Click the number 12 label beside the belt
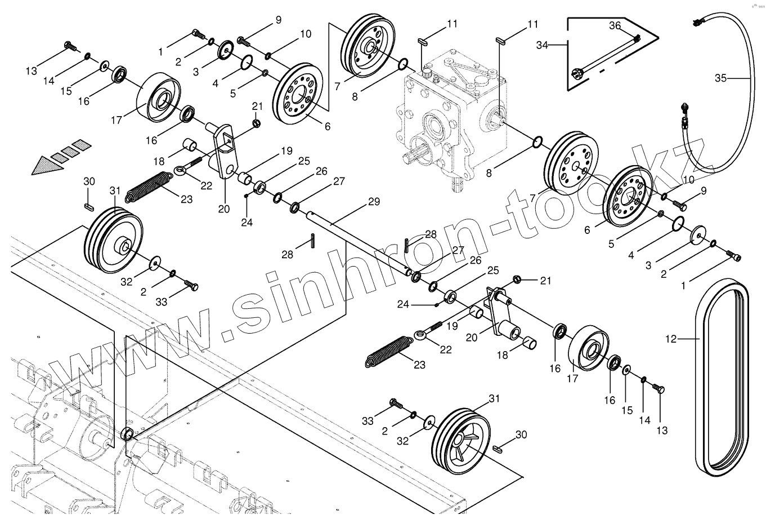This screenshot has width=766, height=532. pyautogui.click(x=671, y=339)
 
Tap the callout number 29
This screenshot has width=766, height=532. pyautogui.click(x=374, y=202)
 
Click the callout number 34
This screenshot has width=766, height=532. pyautogui.click(x=541, y=44)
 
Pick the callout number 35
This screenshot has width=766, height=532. pyautogui.click(x=721, y=78)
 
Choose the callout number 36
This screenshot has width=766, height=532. pyautogui.click(x=615, y=26)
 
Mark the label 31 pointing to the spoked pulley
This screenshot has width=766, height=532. pyautogui.click(x=494, y=398)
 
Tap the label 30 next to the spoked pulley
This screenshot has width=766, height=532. pyautogui.click(x=521, y=435)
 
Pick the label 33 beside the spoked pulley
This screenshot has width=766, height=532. pyautogui.click(x=368, y=421)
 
